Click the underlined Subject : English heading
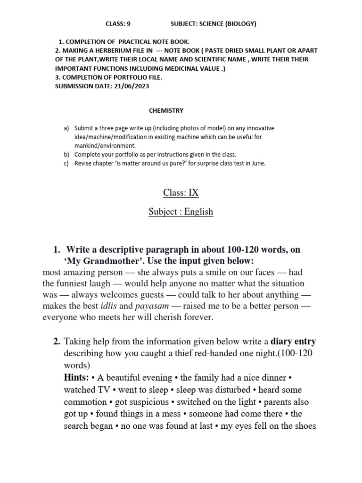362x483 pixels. click(181, 212)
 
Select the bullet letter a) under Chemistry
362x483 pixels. click(66, 128)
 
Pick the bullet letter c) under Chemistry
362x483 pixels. click(66, 164)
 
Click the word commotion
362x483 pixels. click(85, 402)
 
